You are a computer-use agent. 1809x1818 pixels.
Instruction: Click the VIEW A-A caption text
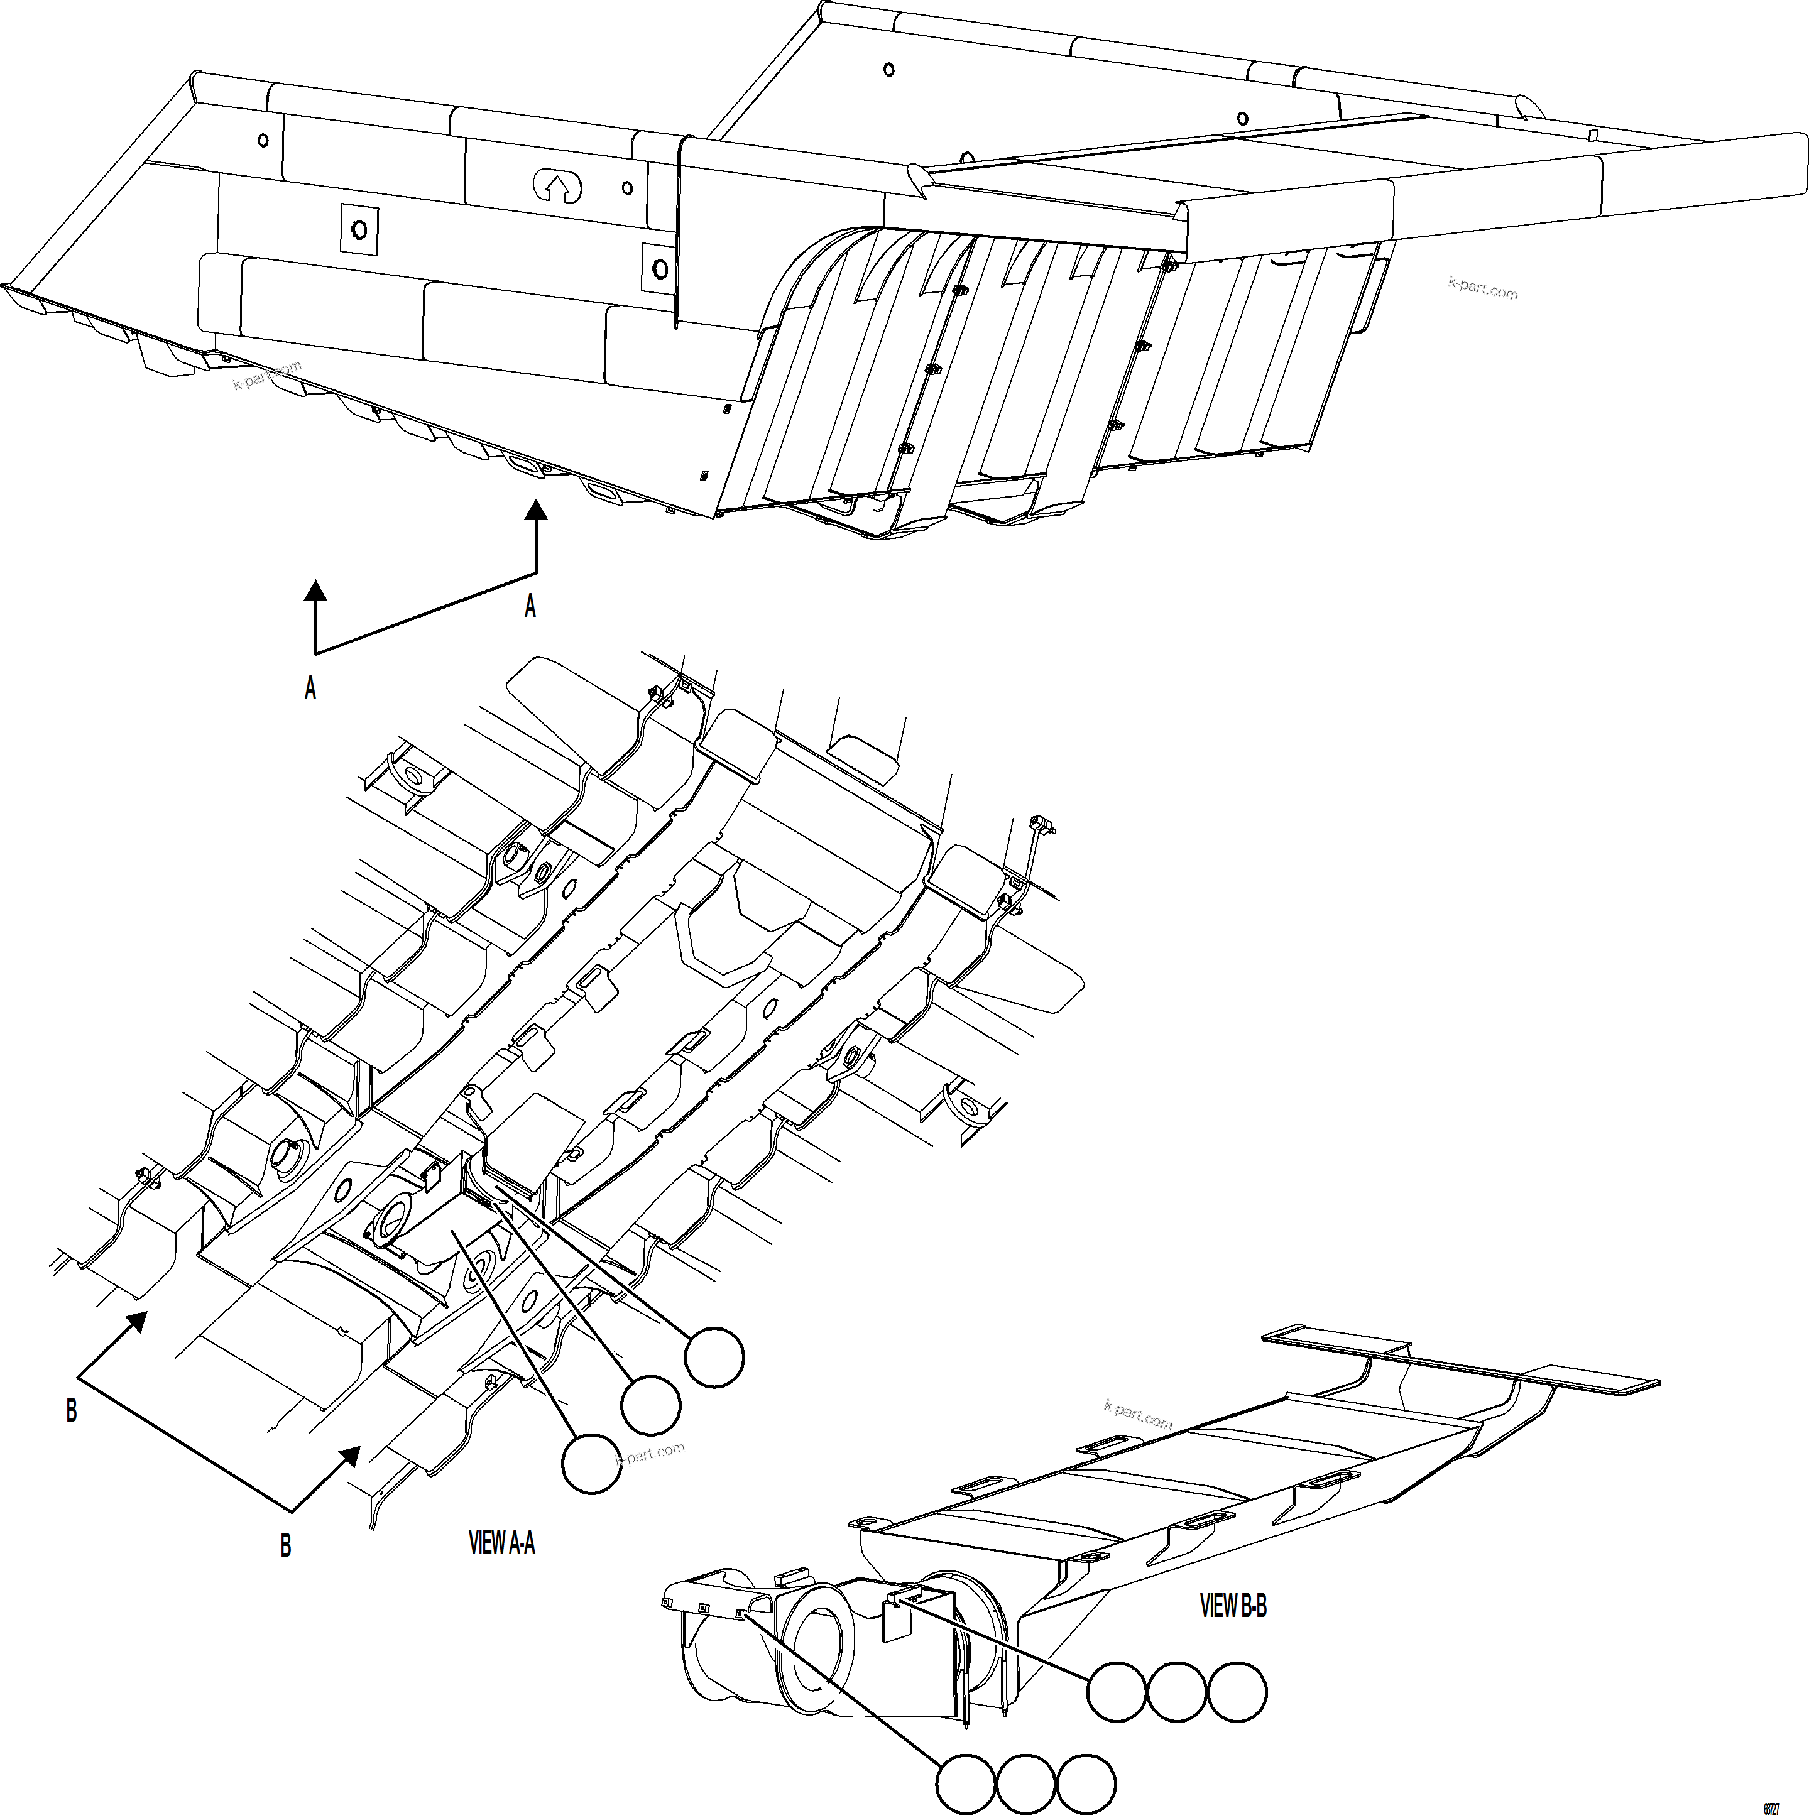(501, 1542)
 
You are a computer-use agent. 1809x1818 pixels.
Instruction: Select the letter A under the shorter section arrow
(310, 688)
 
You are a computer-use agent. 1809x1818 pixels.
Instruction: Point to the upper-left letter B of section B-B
(72, 1410)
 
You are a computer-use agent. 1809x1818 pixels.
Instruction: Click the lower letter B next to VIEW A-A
(285, 1545)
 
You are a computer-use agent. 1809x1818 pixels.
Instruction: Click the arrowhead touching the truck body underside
(535, 511)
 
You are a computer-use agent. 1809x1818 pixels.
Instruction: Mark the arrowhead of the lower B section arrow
(349, 1456)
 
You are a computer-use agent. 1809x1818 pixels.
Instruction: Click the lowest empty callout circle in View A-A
(591, 1463)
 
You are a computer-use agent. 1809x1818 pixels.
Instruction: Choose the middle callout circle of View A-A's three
(650, 1405)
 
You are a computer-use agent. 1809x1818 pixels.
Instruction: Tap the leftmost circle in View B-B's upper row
(1117, 1692)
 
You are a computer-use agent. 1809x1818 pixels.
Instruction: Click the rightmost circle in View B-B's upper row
(1237, 1692)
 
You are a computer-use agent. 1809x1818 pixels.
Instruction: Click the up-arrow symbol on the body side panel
(557, 185)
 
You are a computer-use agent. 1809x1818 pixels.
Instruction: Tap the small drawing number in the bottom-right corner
(1771, 1809)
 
